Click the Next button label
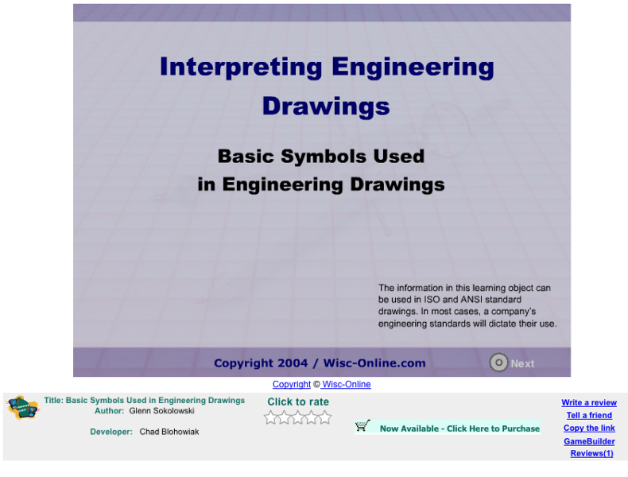[522, 363]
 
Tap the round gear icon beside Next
[498, 363]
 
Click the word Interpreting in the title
[239, 67]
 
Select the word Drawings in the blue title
[326, 106]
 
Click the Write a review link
[589, 403]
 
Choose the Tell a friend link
[589, 416]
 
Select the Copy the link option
[589, 429]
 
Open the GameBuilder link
[589, 441]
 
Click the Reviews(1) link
[591, 454]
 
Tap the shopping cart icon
[363, 426]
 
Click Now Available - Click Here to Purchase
[459, 429]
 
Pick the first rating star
[271, 417]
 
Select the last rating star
[325, 417]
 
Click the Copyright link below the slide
[291, 385]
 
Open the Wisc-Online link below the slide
[346, 385]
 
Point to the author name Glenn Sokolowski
[161, 411]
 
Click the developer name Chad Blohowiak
[169, 432]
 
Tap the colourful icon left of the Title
[22, 408]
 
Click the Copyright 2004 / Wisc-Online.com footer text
[320, 363]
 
